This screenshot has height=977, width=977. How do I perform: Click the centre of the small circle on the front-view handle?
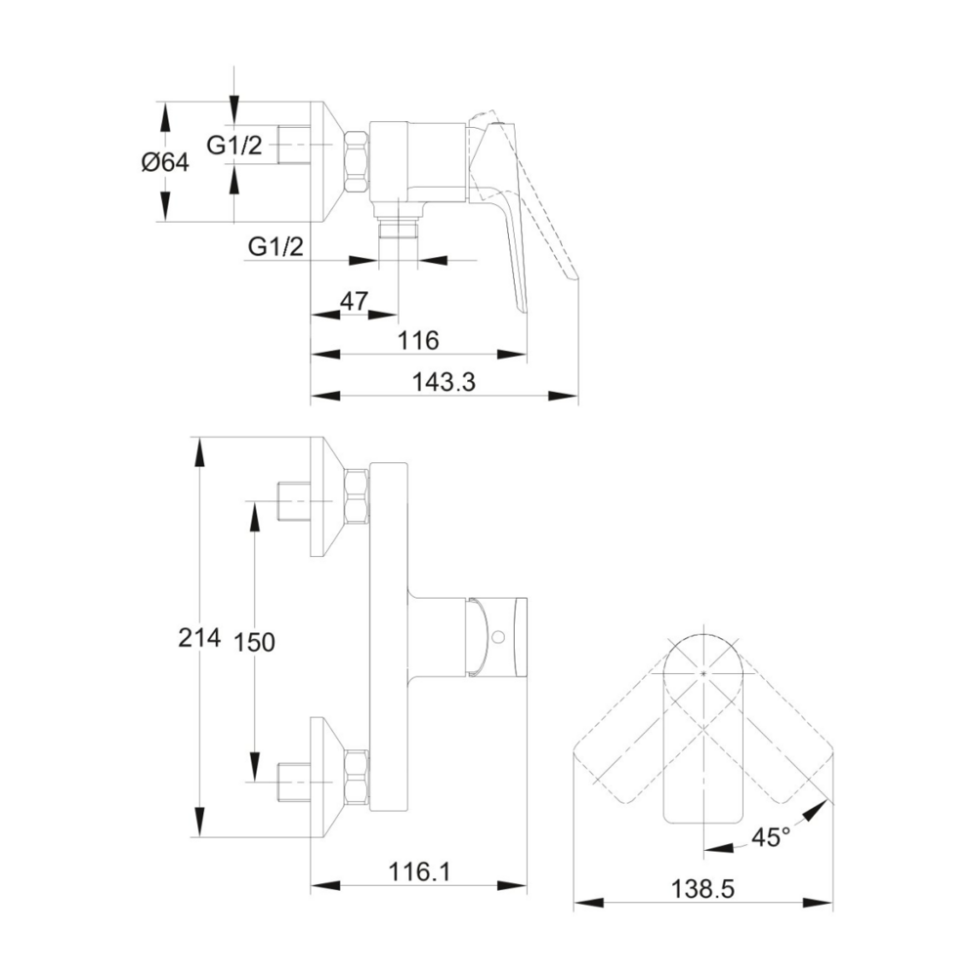click(496, 637)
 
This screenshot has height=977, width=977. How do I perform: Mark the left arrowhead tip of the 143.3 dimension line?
click(311, 396)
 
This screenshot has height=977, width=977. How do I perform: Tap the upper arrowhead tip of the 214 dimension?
click(199, 437)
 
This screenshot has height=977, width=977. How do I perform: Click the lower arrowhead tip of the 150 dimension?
click(254, 782)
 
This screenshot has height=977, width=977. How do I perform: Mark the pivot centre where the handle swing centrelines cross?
click(703, 673)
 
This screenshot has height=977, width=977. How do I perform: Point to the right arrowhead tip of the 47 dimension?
click(398, 315)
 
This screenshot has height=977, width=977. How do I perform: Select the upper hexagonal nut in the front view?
click(357, 495)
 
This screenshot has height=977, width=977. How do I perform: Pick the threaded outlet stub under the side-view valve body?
click(398, 230)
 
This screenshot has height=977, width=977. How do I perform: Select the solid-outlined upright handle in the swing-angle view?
click(703, 729)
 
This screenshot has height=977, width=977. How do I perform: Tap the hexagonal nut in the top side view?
click(358, 162)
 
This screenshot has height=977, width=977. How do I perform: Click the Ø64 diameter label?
click(165, 162)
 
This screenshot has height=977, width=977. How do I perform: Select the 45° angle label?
click(771, 837)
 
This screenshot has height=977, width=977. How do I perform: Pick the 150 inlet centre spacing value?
click(255, 641)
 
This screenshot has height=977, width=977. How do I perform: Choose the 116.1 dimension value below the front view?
click(419, 871)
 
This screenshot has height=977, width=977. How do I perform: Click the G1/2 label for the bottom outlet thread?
click(276, 247)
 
